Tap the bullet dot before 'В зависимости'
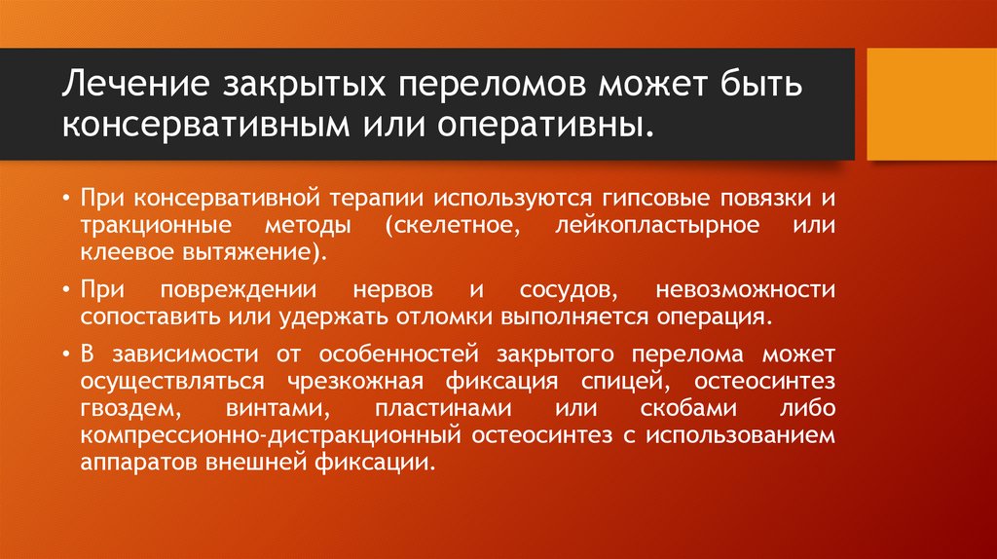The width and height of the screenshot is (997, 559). [65, 353]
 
